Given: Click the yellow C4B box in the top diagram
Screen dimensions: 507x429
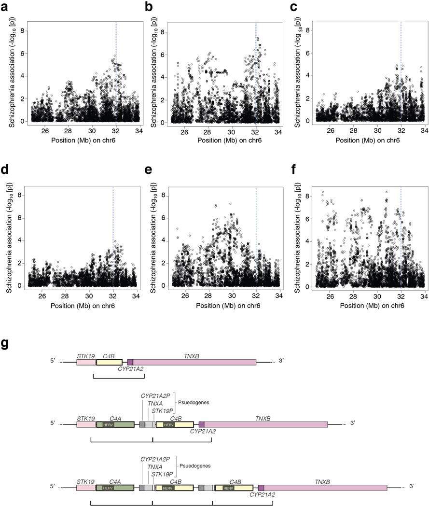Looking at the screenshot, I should (x=110, y=362).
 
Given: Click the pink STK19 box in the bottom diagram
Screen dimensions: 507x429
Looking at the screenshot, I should (x=86, y=488).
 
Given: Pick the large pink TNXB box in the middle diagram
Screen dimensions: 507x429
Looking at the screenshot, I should (x=266, y=424).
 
